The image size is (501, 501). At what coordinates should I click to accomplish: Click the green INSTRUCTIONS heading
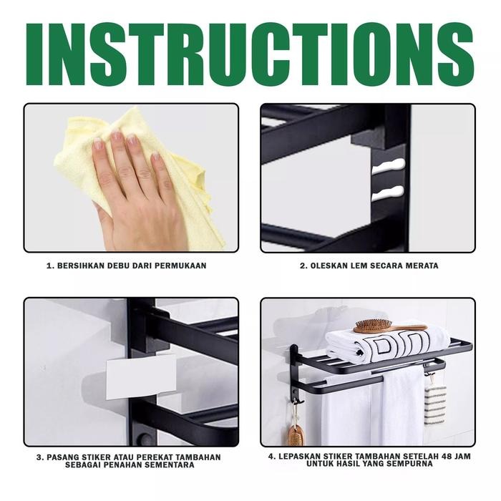click(x=250, y=54)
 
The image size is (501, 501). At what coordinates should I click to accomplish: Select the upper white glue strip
click(x=389, y=166)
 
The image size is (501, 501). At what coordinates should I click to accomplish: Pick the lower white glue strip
click(x=388, y=194)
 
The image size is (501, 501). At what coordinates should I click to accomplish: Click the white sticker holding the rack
click(x=141, y=377)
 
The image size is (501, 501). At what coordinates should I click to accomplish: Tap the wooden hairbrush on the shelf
click(x=390, y=326)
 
